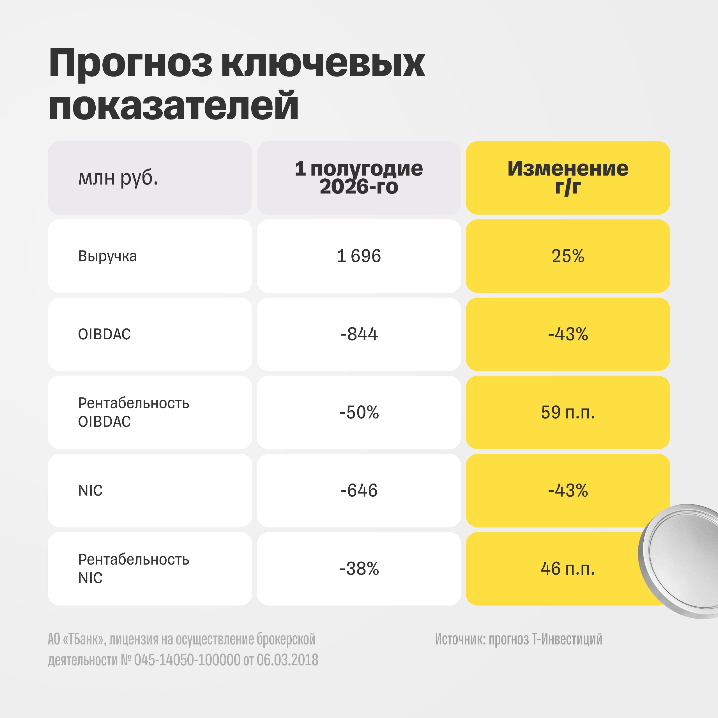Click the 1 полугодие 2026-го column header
click(359, 178)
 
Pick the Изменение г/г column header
click(568, 178)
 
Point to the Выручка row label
click(107, 256)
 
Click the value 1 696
click(359, 256)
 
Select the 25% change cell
click(568, 256)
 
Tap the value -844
click(359, 334)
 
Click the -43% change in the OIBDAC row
click(568, 334)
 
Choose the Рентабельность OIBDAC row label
click(134, 412)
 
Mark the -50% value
click(359, 412)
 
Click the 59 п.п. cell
click(568, 412)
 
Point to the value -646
click(359, 491)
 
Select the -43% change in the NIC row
click(568, 491)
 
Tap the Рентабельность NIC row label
click(134, 569)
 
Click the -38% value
click(359, 569)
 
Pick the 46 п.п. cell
click(568, 569)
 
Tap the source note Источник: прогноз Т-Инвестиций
click(518, 639)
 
